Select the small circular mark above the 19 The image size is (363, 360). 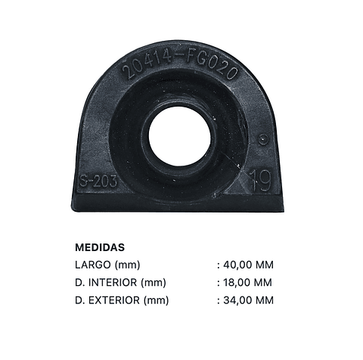262,139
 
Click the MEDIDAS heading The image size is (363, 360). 100,247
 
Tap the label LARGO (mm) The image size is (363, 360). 108,265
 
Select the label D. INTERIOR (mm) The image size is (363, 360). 120,283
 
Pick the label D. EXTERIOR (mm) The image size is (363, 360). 122,300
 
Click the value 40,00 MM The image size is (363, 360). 248,265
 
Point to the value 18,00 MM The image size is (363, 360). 248,283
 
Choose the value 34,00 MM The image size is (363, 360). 248,300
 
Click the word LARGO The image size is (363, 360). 93,265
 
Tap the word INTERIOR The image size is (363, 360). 113,283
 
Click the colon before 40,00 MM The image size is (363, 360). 218,265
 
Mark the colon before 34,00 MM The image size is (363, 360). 218,301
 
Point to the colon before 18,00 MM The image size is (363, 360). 218,284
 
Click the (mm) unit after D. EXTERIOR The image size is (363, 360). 157,300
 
